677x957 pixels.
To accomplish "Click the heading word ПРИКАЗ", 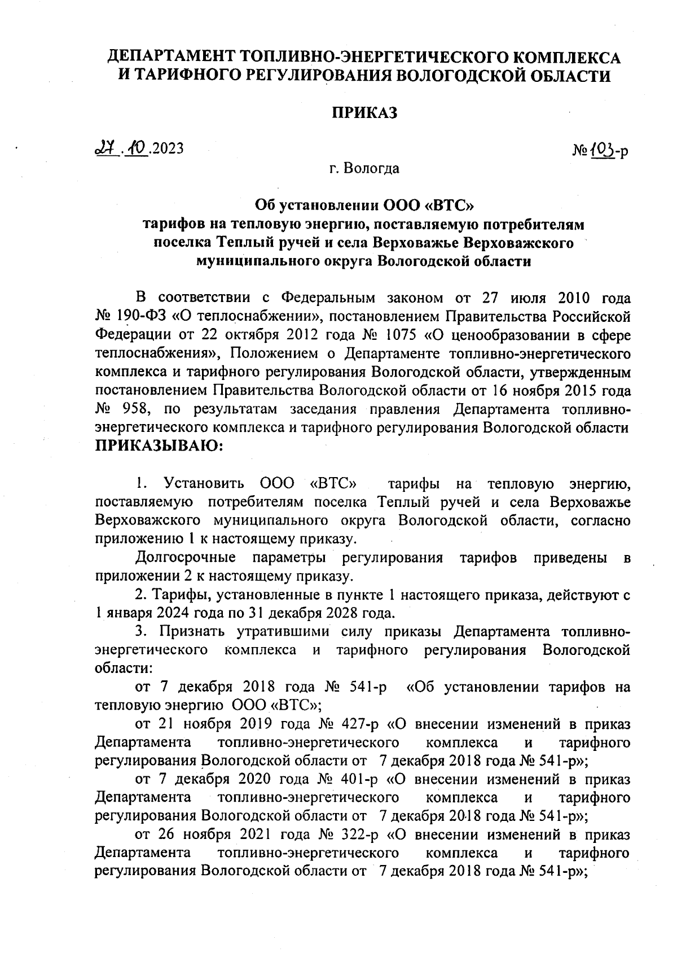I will [x=364, y=112].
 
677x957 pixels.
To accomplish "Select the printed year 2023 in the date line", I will [x=168, y=148].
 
